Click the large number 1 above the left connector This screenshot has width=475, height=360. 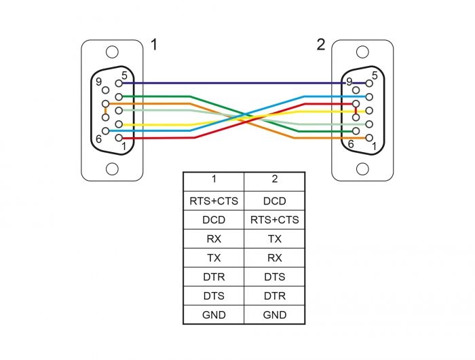154,46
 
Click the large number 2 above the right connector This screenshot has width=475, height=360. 320,46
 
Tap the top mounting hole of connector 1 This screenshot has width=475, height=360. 112,52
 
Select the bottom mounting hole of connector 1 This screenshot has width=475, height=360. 112,168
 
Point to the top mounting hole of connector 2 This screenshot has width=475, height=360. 362,52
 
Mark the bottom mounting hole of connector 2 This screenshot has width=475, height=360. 362,168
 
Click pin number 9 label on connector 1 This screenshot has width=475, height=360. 99,82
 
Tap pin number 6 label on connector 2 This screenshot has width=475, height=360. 350,144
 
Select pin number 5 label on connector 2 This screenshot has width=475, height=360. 375,75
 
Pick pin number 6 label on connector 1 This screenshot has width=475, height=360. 100,138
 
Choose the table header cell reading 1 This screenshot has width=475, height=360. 213,180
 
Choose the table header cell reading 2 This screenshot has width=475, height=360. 274,180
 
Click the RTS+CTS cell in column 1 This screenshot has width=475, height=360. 213,201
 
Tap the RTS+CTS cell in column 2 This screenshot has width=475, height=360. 274,220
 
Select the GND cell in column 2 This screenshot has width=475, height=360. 274,315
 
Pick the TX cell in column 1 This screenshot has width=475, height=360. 213,258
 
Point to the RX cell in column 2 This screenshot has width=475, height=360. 274,258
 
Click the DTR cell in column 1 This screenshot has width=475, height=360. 213,277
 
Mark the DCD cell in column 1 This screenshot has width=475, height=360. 213,220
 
